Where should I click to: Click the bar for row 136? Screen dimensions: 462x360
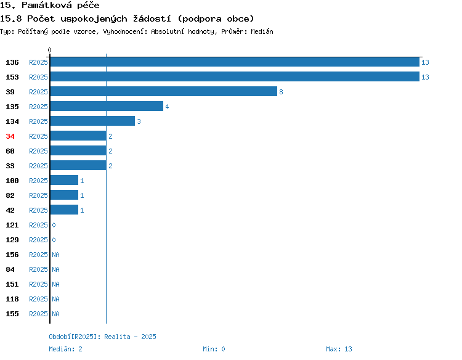[x=235, y=62]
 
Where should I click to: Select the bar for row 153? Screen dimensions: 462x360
[x=235, y=76]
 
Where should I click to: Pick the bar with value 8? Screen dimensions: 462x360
[x=164, y=91]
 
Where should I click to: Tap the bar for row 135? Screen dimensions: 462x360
[x=107, y=106]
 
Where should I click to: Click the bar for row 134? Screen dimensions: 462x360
[x=92, y=121]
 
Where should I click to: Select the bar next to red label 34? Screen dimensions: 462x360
[x=78, y=136]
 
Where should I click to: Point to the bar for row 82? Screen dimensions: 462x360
[x=64, y=195]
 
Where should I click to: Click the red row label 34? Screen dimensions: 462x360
[x=10, y=136]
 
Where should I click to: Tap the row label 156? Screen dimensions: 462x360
[x=12, y=255]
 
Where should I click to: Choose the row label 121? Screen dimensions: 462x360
[x=12, y=225]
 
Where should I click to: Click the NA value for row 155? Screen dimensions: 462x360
[x=55, y=314]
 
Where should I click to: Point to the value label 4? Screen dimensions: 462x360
[x=167, y=107]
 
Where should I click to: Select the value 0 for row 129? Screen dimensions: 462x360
[x=54, y=240]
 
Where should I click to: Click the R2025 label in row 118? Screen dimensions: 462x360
[x=38, y=299]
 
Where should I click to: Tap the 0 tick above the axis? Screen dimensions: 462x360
[x=49, y=50]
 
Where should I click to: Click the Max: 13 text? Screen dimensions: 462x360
[x=339, y=349]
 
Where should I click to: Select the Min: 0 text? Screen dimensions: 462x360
[x=214, y=349]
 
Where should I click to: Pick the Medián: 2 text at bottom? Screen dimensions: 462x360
[x=65, y=349]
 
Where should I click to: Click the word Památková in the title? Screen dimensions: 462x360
[x=47, y=5]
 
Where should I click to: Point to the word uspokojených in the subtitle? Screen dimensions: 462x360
[x=94, y=19]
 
